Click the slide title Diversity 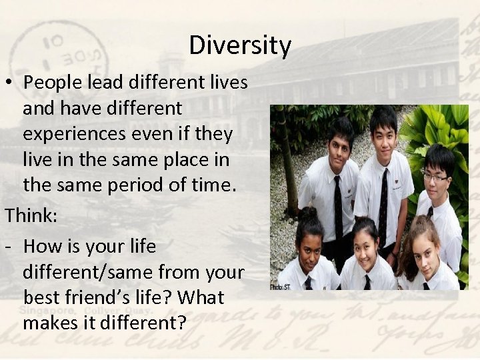240,46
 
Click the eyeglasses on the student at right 435,177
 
